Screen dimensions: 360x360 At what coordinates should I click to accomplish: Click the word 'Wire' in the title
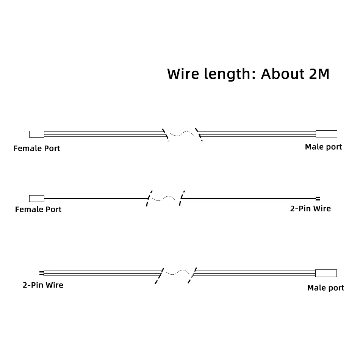click(x=183, y=74)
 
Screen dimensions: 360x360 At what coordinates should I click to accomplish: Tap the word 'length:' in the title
click(x=230, y=74)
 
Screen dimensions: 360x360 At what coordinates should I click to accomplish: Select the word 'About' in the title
click(x=283, y=74)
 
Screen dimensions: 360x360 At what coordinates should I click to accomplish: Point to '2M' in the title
click(x=319, y=74)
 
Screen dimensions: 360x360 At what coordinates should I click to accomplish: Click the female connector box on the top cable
click(x=37, y=134)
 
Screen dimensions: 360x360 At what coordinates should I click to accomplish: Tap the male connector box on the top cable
click(x=326, y=134)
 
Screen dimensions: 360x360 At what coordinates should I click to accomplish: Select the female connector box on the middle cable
click(x=37, y=198)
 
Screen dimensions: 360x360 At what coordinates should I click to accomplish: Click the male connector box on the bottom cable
click(x=326, y=273)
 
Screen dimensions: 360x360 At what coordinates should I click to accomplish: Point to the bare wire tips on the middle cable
click(x=318, y=199)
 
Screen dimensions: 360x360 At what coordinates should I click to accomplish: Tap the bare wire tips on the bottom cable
click(x=42, y=273)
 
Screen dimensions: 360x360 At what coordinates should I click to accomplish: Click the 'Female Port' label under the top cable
click(x=37, y=148)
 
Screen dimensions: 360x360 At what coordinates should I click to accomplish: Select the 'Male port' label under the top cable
click(x=323, y=147)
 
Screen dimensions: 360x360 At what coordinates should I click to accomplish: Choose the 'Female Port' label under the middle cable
click(x=38, y=210)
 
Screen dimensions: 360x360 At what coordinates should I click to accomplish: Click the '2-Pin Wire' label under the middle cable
click(x=310, y=208)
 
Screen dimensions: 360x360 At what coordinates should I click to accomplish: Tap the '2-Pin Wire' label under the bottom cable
click(x=43, y=285)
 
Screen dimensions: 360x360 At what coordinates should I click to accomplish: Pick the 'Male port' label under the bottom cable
click(x=326, y=288)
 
